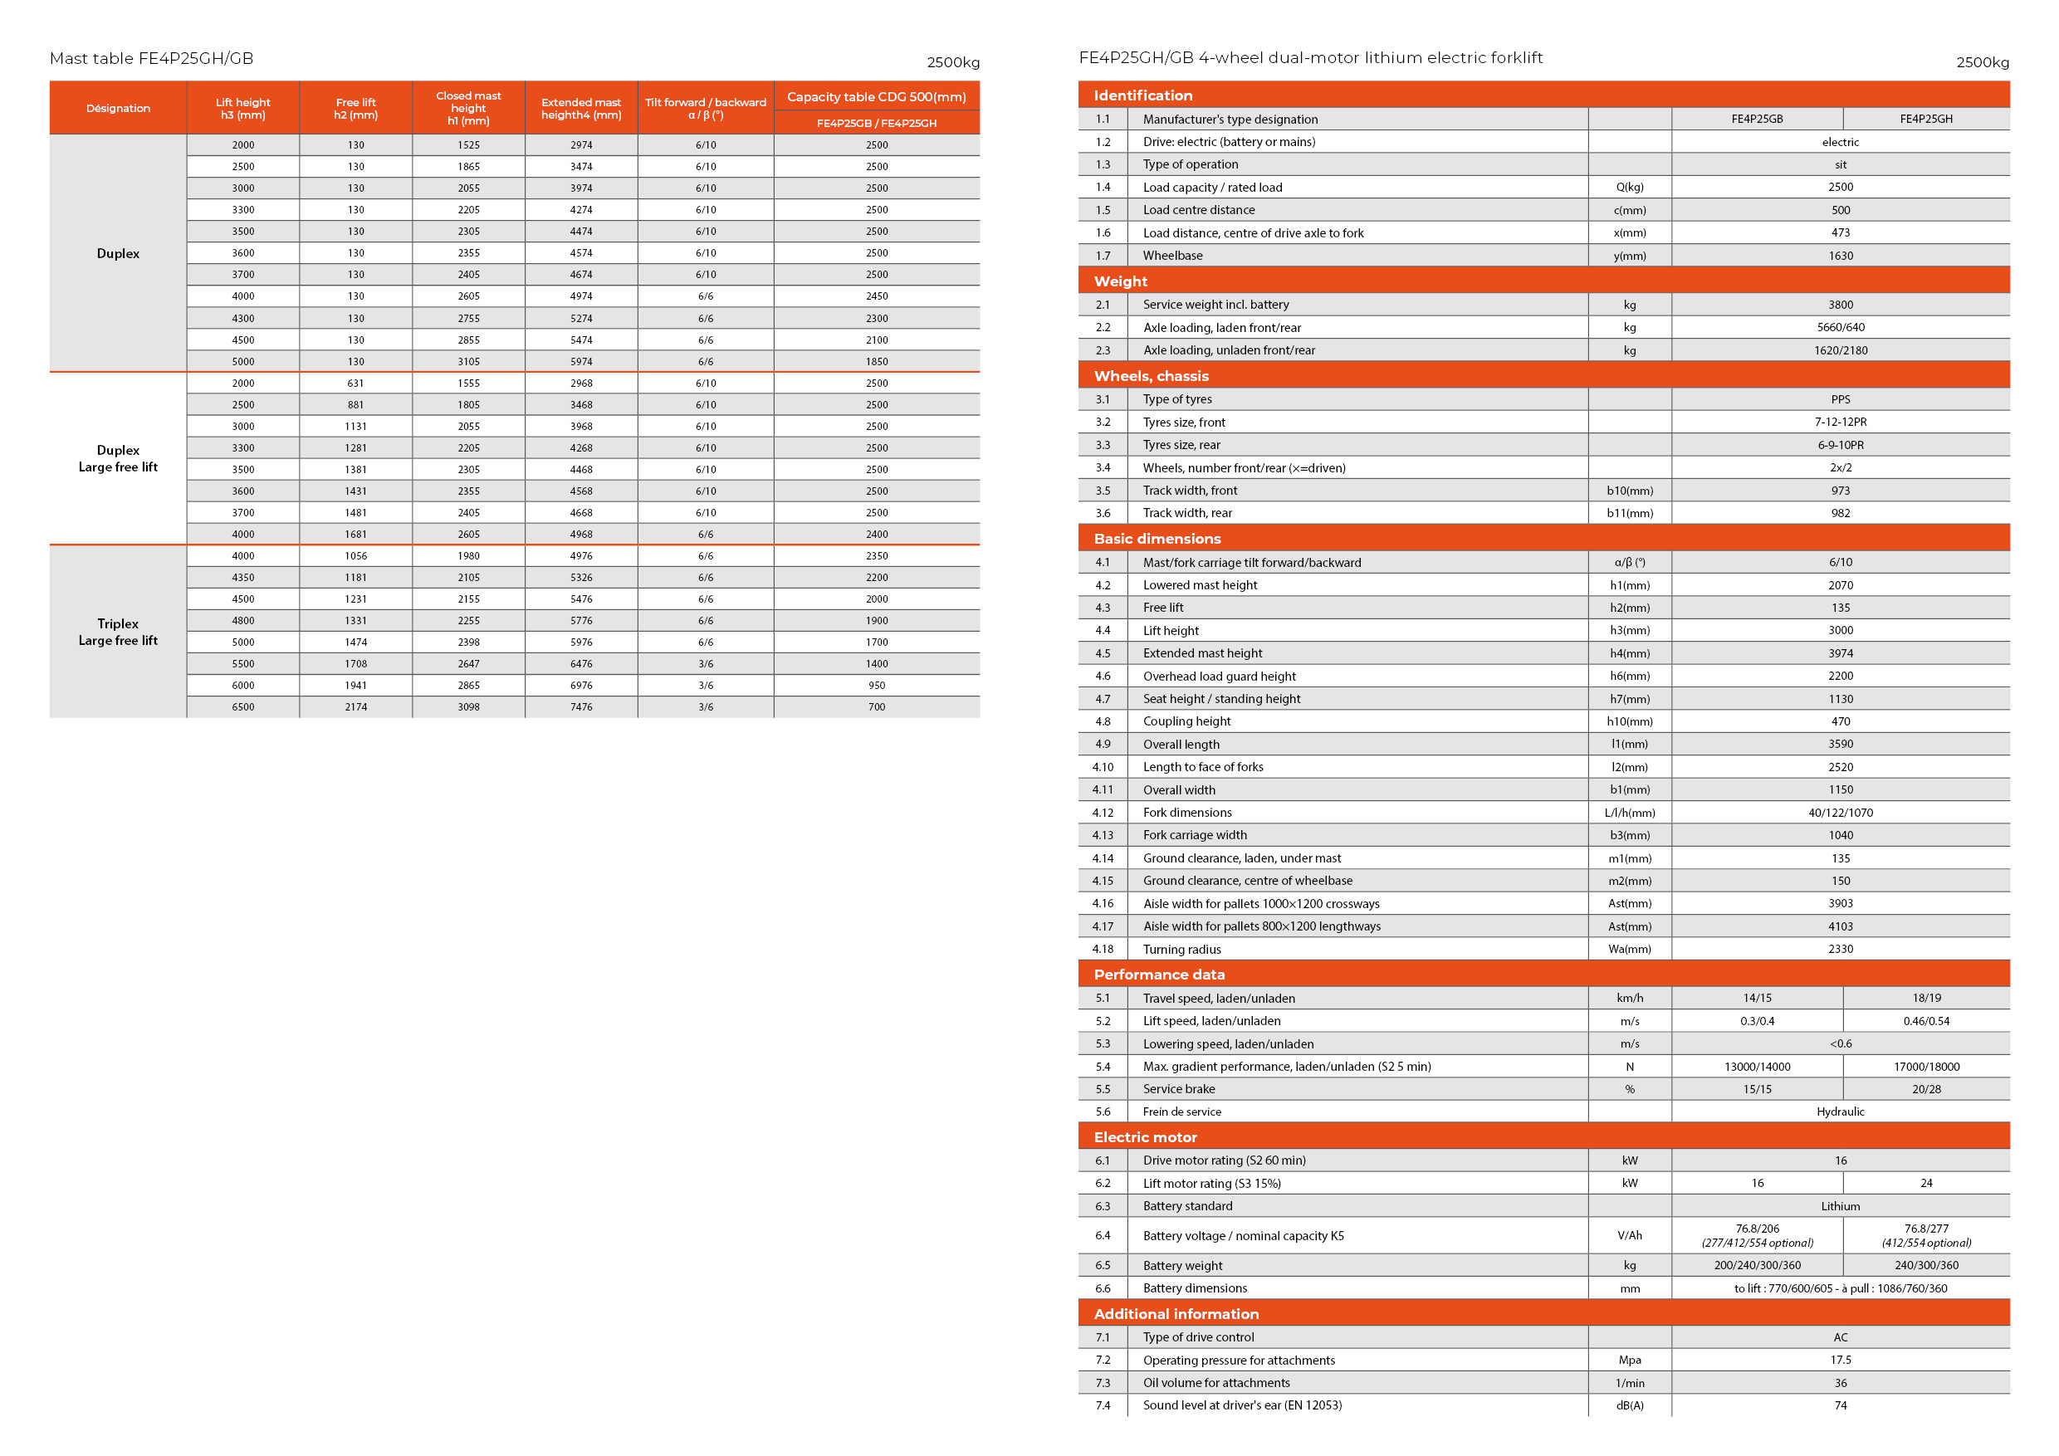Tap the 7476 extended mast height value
coord(581,707)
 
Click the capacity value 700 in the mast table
coord(876,707)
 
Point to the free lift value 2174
coord(356,707)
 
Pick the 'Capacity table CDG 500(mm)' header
coord(876,97)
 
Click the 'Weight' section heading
coord(1120,281)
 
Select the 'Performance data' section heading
coord(1159,975)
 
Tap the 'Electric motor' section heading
coord(1145,1137)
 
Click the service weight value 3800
coord(1840,305)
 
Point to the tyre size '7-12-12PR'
coord(1840,423)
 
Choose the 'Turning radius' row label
coord(1182,950)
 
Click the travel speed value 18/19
coord(1926,998)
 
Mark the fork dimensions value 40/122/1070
coord(1840,814)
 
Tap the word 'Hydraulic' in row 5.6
coord(1840,1112)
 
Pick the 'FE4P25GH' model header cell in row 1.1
coord(1926,120)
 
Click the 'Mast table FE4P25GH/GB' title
coord(152,59)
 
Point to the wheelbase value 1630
coord(1840,257)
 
